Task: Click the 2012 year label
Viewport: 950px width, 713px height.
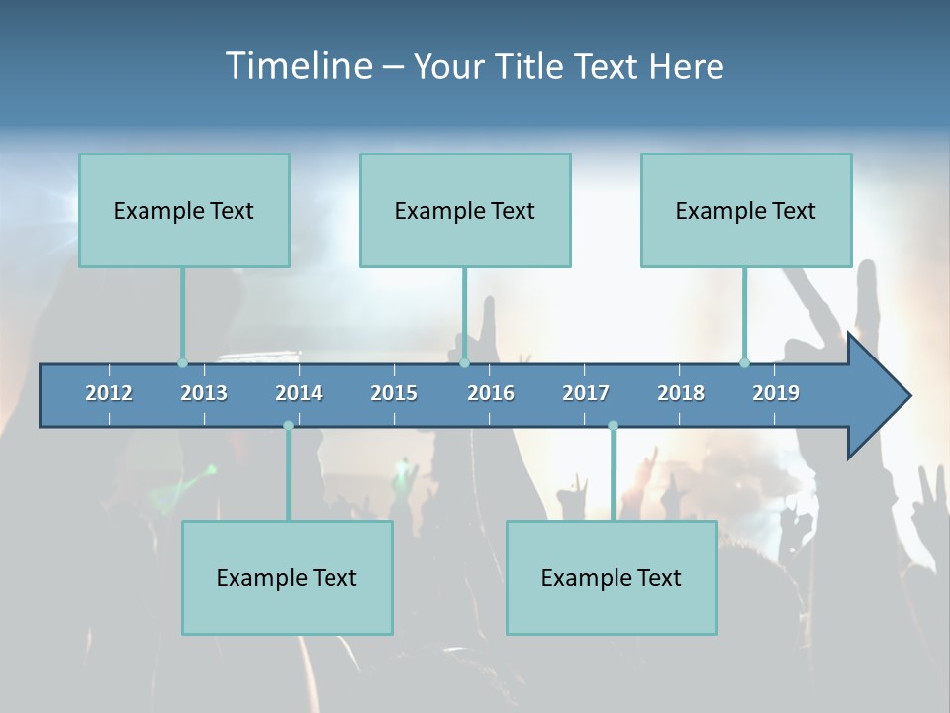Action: pos(109,393)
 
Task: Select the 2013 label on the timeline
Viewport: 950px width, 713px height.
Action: pos(204,393)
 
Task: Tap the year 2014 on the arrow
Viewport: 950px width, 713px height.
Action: pos(299,393)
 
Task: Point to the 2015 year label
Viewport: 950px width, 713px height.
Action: pos(394,393)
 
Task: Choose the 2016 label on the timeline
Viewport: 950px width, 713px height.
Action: pos(491,393)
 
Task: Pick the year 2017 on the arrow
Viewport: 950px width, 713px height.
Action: pos(586,393)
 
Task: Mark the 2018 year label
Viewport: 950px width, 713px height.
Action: pos(681,393)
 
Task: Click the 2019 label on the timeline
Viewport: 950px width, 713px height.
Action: pos(776,393)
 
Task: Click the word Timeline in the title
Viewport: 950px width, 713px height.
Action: pos(297,66)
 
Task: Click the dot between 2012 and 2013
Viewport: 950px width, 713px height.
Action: pos(182,362)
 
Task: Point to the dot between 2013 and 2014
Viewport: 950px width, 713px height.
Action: pos(288,426)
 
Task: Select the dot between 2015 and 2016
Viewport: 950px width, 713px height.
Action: pos(464,362)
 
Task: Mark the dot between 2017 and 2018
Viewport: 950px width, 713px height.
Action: pos(613,426)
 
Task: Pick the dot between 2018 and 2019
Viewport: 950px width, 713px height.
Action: pos(745,362)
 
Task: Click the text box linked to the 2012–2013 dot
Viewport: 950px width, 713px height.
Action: pos(184,210)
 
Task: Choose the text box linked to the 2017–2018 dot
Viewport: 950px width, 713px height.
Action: pos(612,577)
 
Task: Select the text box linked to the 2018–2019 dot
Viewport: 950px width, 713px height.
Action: pos(746,210)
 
